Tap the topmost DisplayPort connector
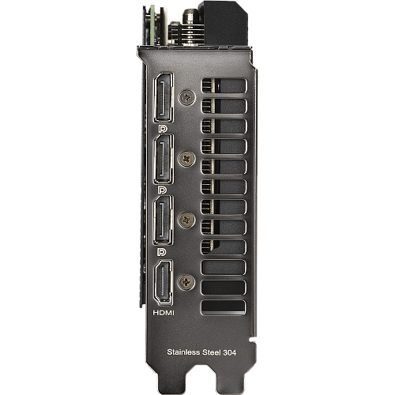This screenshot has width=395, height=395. (164, 97)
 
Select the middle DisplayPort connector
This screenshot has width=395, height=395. (164, 159)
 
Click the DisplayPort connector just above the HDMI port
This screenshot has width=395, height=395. (164, 220)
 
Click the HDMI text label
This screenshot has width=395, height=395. (164, 313)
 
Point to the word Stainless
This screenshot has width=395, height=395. (183, 352)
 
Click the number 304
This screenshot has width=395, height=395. (230, 352)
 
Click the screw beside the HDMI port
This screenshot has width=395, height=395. (186, 282)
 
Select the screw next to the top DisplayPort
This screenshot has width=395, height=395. (187, 97)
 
